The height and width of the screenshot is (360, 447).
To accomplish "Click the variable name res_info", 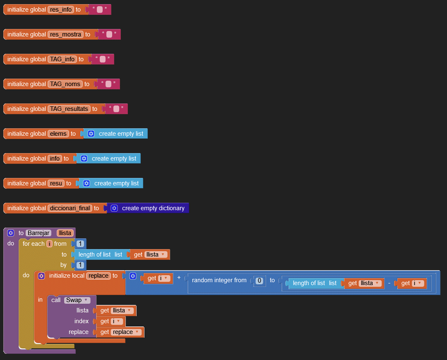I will (61, 10).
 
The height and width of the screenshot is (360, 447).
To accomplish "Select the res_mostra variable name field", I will (65, 34).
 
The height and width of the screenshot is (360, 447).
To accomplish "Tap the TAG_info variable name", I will (62, 59).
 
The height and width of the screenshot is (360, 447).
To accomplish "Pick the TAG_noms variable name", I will (65, 84).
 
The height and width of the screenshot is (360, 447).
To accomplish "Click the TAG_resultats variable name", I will (69, 109).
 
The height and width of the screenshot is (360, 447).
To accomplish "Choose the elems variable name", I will (58, 134).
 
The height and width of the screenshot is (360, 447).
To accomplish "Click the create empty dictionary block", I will (153, 208).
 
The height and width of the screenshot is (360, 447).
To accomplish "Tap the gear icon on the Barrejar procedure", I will (11, 233).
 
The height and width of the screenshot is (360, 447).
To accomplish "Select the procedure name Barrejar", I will (38, 233).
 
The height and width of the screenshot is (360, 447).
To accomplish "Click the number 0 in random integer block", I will (260, 281).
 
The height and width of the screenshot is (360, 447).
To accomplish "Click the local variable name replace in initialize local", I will (99, 276).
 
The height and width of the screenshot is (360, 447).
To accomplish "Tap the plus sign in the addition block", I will (179, 278).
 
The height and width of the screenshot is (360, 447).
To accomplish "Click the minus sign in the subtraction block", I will (389, 283).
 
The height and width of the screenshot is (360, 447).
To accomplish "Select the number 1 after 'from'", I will (80, 244).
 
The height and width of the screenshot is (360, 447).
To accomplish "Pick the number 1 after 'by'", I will (80, 265).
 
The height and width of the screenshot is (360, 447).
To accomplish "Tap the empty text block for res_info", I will (100, 10).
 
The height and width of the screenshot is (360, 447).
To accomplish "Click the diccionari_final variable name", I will (70, 208).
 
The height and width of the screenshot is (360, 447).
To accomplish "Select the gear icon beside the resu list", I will (87, 183).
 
